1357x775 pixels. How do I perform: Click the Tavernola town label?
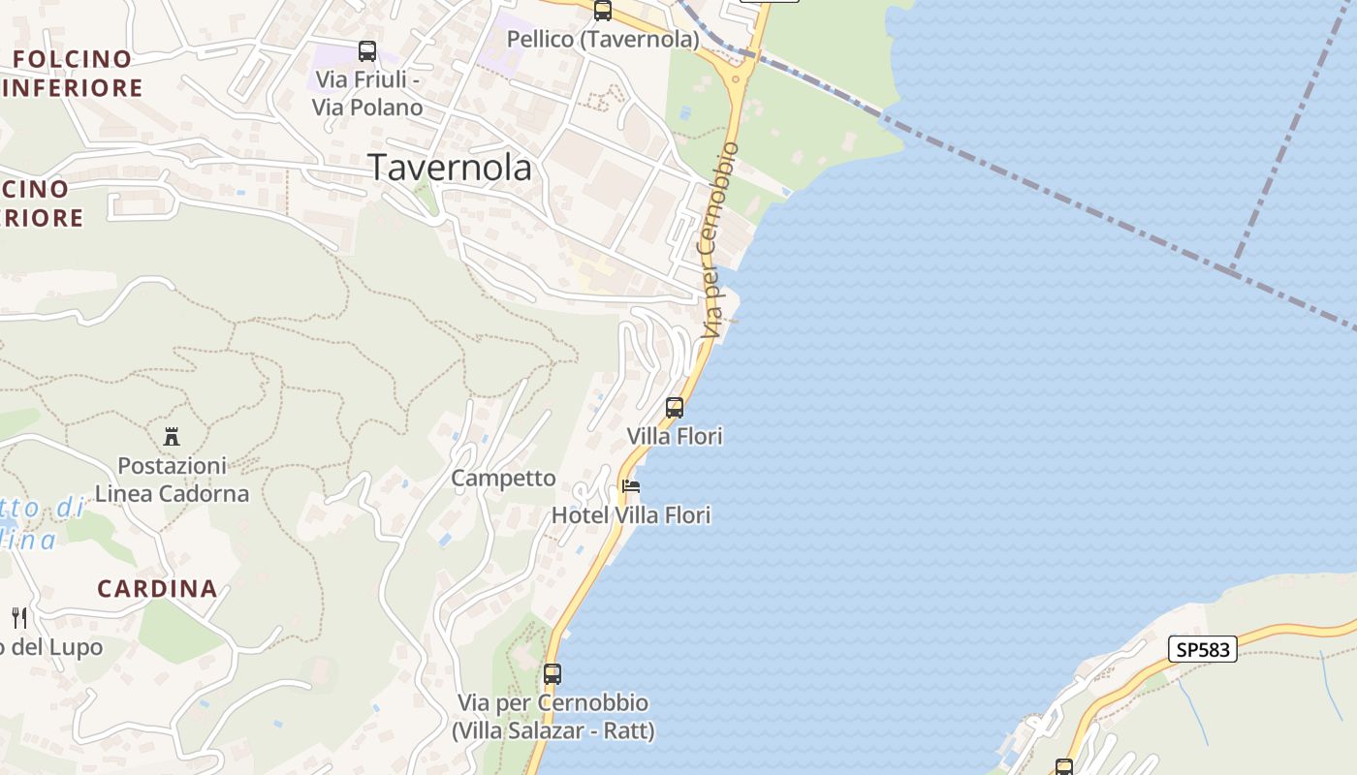coord(450,168)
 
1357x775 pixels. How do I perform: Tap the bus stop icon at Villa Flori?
coord(675,408)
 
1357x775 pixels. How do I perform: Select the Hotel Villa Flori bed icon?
coord(631,485)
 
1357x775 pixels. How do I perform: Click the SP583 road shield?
coord(1202,649)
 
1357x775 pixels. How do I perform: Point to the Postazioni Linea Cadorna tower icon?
coord(172,436)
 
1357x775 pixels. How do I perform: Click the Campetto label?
coord(503,478)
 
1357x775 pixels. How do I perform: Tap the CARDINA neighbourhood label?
coord(157,588)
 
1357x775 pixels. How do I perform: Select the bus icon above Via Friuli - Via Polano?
coord(366,51)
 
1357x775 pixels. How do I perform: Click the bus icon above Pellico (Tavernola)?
coord(602,11)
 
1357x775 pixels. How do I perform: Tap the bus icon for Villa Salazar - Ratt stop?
coord(552,673)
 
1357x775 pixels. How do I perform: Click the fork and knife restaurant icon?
coord(19,617)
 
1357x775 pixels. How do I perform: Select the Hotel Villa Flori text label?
coord(631,515)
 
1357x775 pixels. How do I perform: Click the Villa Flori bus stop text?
coord(675,436)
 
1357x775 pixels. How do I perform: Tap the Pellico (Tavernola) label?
coord(603,39)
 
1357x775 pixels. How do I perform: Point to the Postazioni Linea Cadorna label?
coord(172,480)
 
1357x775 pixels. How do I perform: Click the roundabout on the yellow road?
coord(737,77)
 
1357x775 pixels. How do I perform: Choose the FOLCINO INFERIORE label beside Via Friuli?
coord(73,73)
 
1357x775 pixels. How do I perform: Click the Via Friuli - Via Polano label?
coord(366,93)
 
